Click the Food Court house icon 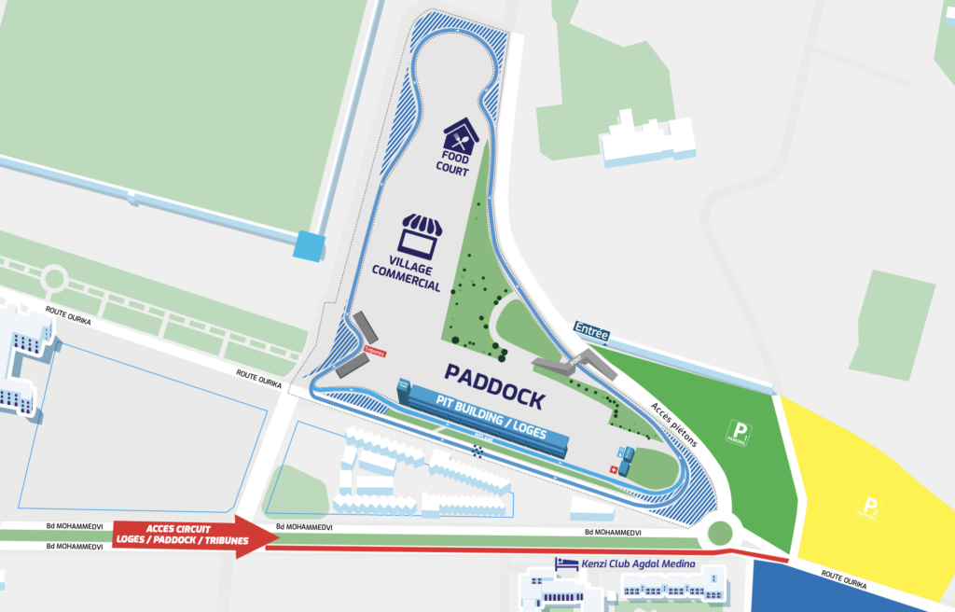462,136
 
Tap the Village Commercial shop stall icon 420,237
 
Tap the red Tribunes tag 374,352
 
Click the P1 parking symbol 740,432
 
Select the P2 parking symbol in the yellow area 870,509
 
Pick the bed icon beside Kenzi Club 562,563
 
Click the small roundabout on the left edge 53,278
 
